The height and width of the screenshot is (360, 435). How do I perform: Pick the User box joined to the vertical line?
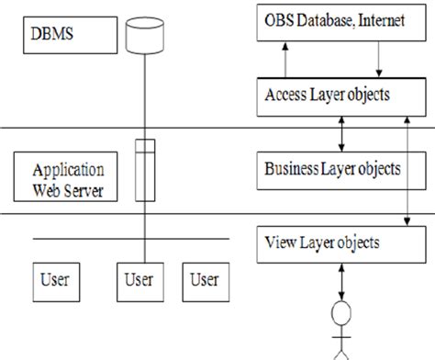click(x=140, y=278)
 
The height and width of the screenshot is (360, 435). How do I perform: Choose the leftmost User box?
click(x=56, y=278)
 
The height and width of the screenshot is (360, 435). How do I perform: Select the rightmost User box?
click(x=206, y=278)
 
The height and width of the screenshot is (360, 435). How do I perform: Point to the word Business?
click(x=289, y=168)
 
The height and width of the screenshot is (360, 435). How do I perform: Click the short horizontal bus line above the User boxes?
click(x=128, y=240)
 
